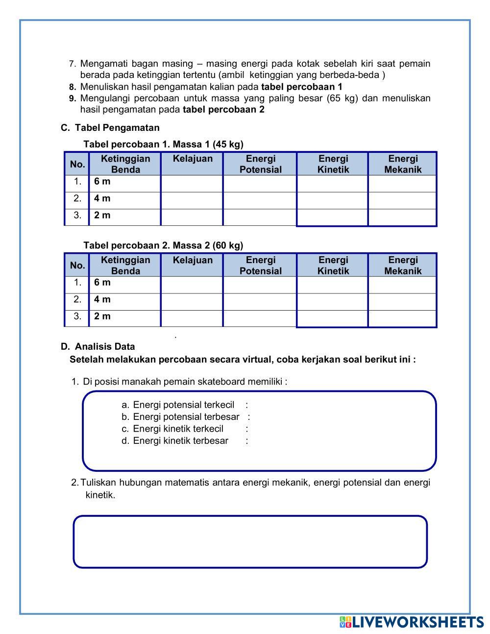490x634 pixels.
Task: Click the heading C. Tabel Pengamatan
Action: pos(110,128)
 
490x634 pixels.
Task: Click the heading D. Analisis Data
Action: pos(98,346)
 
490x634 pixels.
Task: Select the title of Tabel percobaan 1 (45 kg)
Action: pos(163,144)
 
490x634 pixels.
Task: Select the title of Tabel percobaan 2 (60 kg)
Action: pos(163,245)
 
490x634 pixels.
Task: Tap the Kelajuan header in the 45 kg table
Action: pos(193,159)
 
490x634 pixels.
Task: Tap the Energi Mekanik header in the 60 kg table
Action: pos(403,266)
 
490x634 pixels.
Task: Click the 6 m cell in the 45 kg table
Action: pos(125,182)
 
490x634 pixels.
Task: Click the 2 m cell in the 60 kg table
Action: pos(125,317)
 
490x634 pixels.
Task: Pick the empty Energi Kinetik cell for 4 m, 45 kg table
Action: pos(333,199)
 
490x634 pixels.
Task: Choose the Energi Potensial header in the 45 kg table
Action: pos(260,164)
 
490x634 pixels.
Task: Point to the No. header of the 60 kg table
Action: pos(77,266)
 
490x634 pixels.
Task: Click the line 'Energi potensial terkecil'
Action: pos(184,405)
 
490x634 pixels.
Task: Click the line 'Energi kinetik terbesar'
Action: pos(181,440)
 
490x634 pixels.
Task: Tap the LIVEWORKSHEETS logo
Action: pos(412,622)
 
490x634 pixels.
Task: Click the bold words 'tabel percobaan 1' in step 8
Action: pos(302,87)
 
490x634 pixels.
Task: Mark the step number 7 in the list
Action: pos(72,64)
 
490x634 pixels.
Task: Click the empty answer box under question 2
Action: pos(250,541)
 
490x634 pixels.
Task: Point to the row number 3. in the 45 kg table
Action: pos(77,216)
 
